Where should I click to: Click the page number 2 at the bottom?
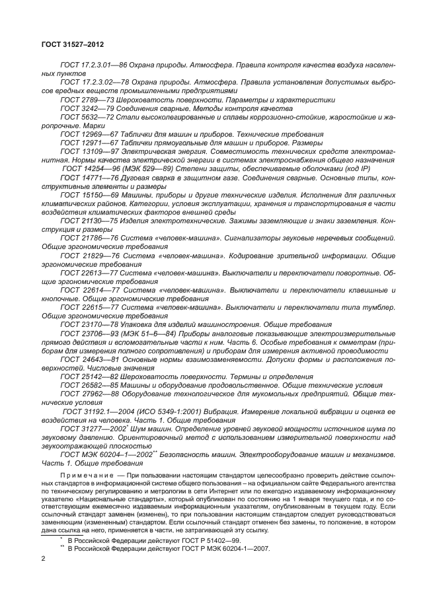coord(43,559)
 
